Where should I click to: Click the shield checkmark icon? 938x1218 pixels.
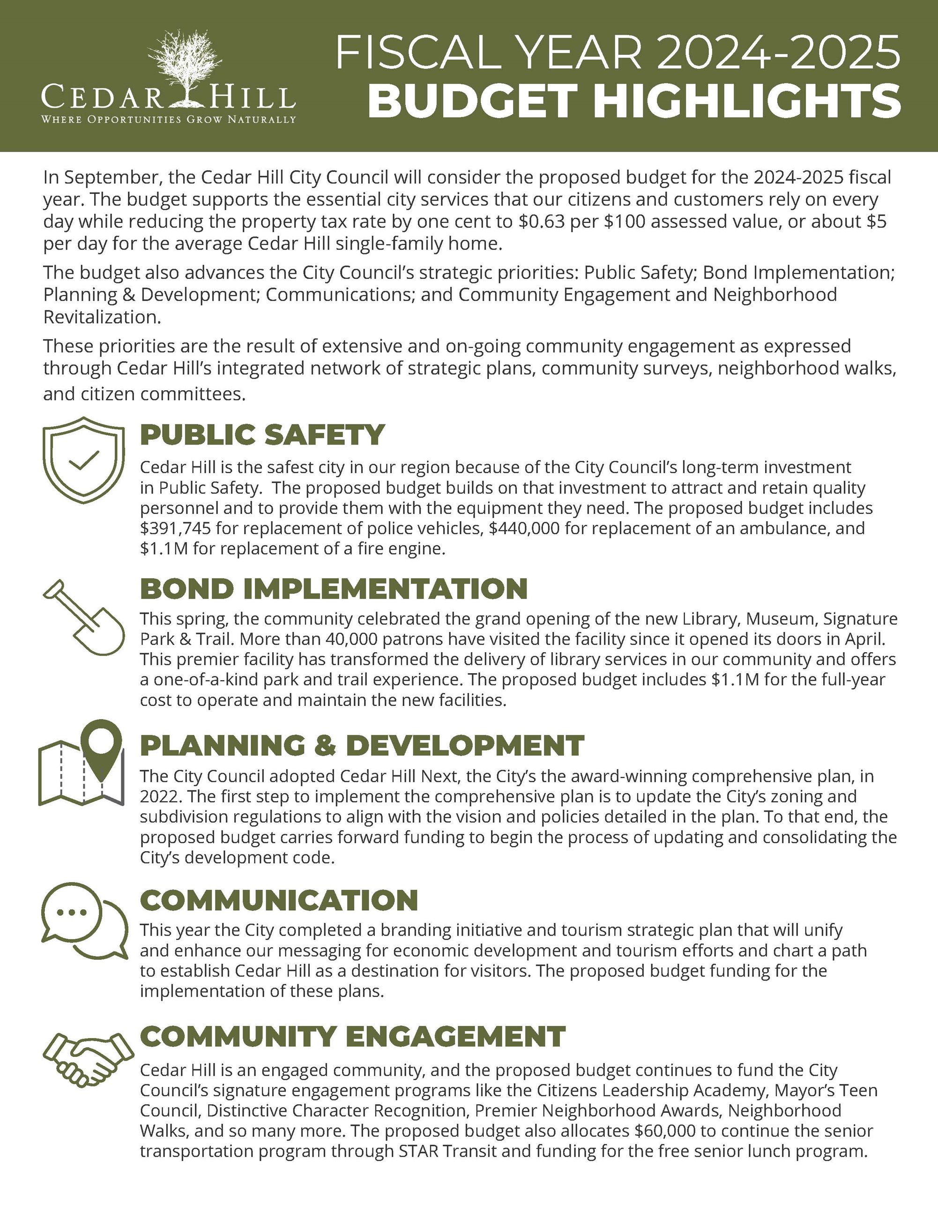84,460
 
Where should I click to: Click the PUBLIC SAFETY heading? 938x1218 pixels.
262,435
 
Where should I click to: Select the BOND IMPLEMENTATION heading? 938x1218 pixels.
334,589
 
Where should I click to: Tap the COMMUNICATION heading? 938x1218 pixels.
279,900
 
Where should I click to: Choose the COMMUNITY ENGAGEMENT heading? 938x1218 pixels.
352,1036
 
